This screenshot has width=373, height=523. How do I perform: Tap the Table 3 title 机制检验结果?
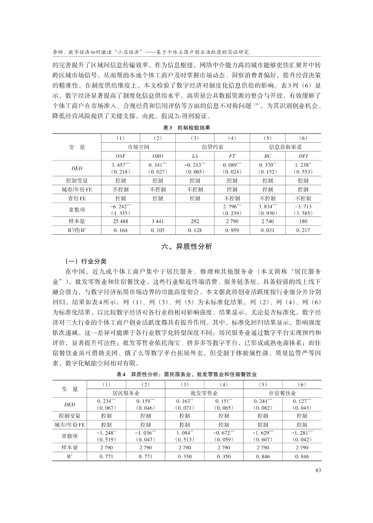point(186,128)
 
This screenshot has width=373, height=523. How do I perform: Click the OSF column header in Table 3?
point(121,156)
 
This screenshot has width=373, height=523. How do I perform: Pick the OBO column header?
point(158,156)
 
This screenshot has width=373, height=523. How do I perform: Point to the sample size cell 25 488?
point(121,221)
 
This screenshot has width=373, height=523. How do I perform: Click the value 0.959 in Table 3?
point(232,230)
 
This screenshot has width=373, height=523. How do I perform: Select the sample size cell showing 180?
point(303,221)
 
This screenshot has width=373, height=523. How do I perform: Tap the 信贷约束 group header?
point(213,147)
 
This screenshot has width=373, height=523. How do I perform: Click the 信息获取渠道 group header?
point(285,147)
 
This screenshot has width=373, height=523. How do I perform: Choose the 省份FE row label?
point(77,198)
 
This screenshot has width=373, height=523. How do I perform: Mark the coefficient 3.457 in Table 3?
point(121,165)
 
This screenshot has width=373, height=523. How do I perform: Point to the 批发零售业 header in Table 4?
point(204,393)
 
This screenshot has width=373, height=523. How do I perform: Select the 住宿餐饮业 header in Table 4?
point(282,393)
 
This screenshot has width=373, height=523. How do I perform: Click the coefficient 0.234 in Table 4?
point(106,401)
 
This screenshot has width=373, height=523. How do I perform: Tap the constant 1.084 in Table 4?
point(185,432)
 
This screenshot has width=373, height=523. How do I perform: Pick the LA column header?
point(195,156)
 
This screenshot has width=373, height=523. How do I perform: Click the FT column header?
point(232,156)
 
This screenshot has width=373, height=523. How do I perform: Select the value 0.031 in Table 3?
point(267,230)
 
